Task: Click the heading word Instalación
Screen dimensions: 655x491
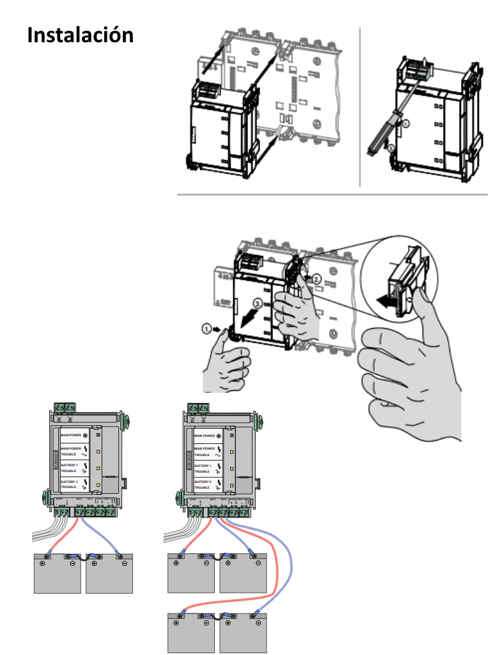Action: [x=81, y=35]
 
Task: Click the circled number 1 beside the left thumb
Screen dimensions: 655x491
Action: [x=207, y=328]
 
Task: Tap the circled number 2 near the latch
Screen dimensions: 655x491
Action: [x=317, y=278]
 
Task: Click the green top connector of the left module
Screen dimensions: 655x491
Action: [x=65, y=407]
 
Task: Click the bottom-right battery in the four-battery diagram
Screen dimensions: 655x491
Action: [x=243, y=633]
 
